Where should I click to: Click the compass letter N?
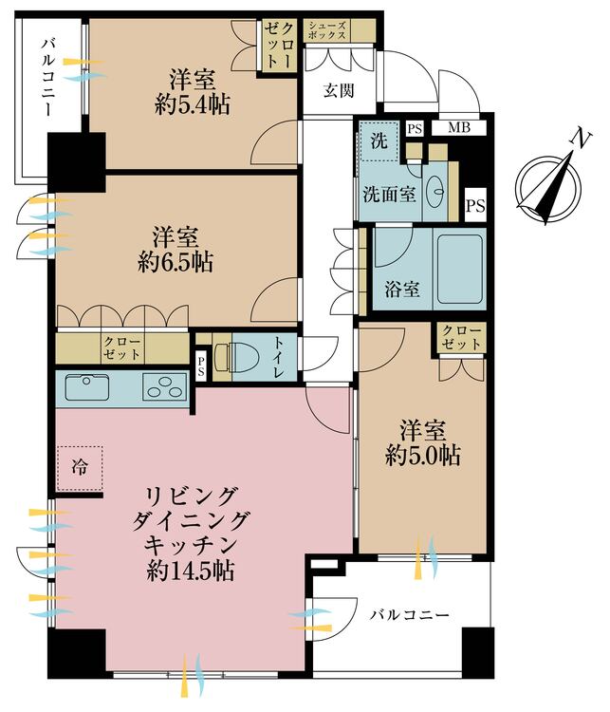pyautogui.click(x=575, y=140)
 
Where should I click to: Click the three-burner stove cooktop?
pyautogui.click(x=165, y=388)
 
